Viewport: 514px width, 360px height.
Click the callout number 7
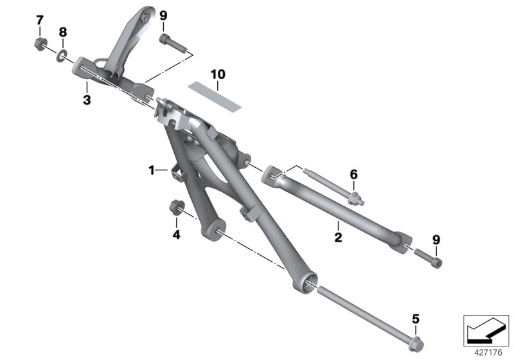point(39,21)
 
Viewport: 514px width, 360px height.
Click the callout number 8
point(62,32)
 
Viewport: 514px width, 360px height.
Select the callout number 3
point(86,99)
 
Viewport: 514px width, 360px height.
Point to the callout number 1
point(152,170)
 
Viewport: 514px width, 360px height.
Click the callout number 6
point(353,174)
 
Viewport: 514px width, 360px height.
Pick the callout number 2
point(338,237)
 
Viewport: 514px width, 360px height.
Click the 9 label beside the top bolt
point(163,15)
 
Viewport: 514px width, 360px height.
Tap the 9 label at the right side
point(436,240)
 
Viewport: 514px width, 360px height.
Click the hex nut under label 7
point(39,45)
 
